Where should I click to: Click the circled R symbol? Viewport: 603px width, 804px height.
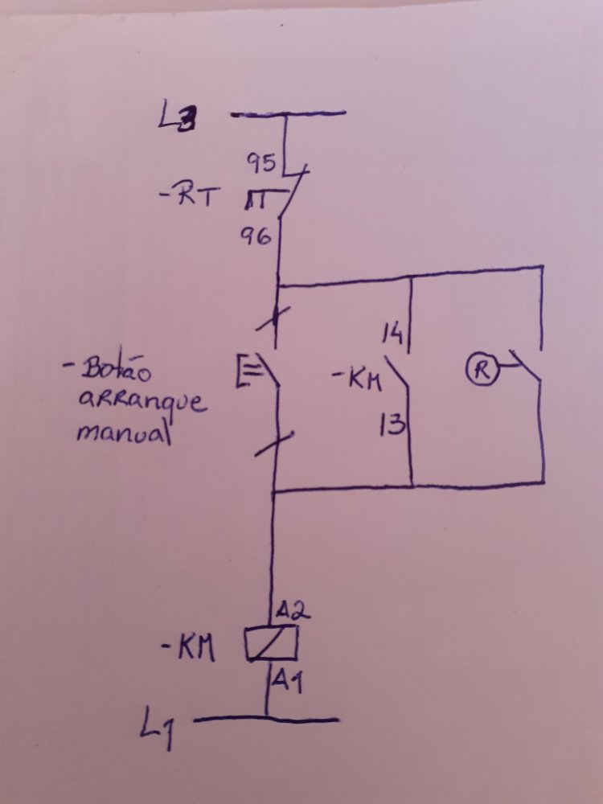tap(481, 370)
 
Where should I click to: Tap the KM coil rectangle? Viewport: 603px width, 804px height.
tap(272, 642)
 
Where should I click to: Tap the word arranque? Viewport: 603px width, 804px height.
tap(142, 401)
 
